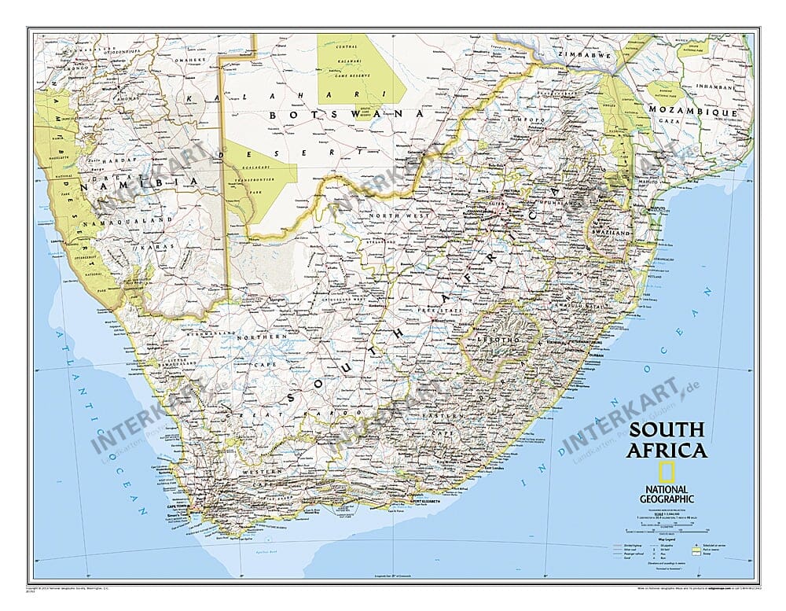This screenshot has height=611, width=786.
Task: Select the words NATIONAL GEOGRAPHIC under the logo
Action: [x=665, y=493]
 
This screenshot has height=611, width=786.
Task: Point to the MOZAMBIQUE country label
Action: [x=692, y=113]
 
